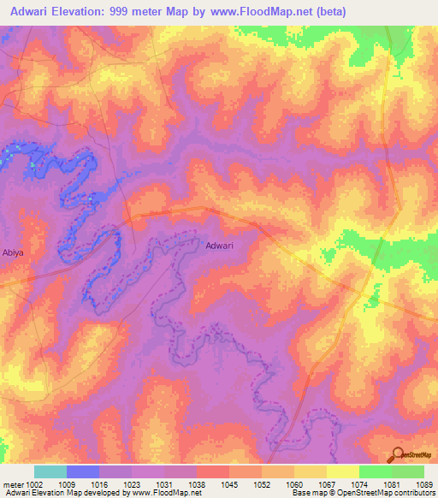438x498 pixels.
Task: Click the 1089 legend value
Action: coord(423,483)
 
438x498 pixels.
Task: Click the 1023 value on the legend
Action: coord(131,483)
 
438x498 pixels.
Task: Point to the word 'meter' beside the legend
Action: coord(13,483)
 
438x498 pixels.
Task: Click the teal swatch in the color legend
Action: coord(50,471)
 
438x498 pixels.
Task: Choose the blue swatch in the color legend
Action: coord(82,471)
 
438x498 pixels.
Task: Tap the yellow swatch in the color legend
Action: coord(342,471)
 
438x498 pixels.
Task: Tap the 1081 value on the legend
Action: coord(389,483)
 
